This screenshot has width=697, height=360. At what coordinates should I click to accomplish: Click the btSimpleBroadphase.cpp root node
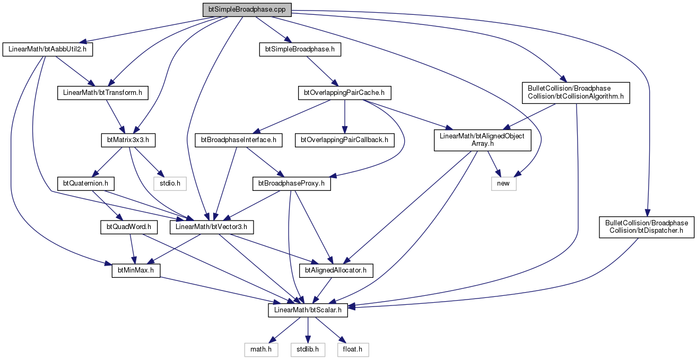(x=247, y=10)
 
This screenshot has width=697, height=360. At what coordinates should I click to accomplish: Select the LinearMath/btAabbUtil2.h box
(x=48, y=49)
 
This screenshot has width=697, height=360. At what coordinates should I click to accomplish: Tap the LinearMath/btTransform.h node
(x=103, y=93)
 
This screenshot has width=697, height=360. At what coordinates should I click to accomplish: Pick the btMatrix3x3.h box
(x=128, y=140)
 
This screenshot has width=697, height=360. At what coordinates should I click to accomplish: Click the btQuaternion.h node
(x=85, y=184)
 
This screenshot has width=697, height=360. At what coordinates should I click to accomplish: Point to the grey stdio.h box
(x=170, y=184)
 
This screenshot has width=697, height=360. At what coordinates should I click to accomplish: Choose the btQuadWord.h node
(x=129, y=227)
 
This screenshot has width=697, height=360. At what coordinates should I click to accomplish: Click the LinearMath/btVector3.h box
(x=212, y=227)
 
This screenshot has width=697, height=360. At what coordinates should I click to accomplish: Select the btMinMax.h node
(x=136, y=271)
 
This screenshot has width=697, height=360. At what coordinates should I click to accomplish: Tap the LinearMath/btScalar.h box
(x=308, y=310)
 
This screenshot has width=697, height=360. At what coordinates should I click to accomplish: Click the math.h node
(x=261, y=350)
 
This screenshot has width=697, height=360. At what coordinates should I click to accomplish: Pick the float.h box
(x=353, y=350)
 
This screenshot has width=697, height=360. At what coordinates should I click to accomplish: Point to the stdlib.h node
(x=308, y=350)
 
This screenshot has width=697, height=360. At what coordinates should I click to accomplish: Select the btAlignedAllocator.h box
(x=336, y=271)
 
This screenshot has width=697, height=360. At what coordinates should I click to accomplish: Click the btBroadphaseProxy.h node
(x=292, y=184)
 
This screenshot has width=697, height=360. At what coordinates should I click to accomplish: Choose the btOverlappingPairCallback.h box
(x=344, y=140)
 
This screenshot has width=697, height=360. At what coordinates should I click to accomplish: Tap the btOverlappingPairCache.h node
(x=344, y=93)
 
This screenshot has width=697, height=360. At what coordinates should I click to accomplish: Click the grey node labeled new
(x=503, y=184)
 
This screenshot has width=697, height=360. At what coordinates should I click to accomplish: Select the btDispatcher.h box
(x=647, y=227)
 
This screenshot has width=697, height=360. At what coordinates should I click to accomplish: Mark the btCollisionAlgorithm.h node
(x=576, y=93)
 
